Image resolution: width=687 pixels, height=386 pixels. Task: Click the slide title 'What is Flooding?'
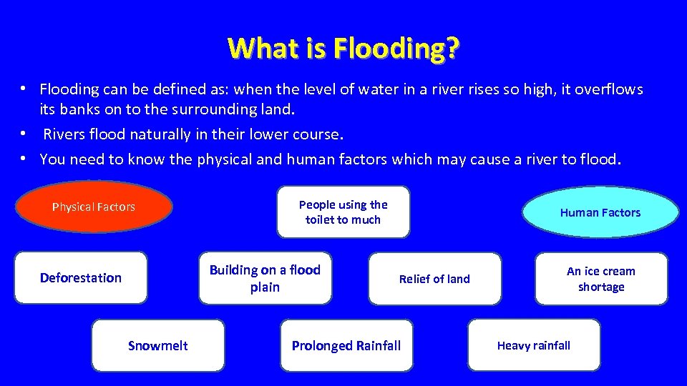tap(343, 49)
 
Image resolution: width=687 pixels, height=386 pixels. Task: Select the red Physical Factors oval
tap(94, 207)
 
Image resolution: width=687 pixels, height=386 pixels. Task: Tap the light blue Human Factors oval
tap(600, 212)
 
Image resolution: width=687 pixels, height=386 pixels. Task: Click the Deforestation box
tap(81, 277)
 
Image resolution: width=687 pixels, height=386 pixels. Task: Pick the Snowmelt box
tap(157, 345)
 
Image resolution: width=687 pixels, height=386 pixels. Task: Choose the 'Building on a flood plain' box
tap(265, 278)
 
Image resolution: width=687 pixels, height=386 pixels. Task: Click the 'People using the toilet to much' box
tap(343, 212)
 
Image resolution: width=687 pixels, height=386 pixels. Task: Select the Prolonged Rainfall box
tap(346, 345)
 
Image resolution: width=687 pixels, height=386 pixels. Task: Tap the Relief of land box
tap(434, 279)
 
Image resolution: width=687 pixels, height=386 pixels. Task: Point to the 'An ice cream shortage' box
tap(600, 279)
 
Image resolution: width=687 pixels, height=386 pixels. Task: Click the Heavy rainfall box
tap(534, 345)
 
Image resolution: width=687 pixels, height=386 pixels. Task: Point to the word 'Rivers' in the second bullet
tap(64, 134)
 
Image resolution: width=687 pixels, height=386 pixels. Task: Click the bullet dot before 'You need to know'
tap(24, 158)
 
